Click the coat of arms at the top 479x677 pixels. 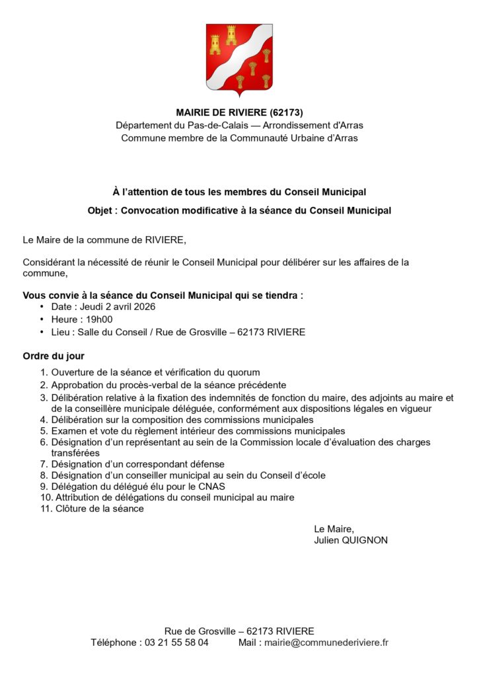(239, 60)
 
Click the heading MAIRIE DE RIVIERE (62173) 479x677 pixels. (239, 112)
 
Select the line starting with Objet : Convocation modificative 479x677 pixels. (239, 210)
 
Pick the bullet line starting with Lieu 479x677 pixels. (178, 332)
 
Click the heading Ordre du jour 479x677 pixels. (54, 356)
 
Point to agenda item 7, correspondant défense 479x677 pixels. (137, 464)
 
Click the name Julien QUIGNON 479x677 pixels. (351, 540)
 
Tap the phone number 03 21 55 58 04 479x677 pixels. (176, 642)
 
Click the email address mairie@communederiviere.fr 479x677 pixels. (326, 642)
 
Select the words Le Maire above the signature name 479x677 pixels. (334, 528)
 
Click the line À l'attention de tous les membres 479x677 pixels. (239, 192)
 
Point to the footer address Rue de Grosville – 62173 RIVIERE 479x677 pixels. (239, 631)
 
